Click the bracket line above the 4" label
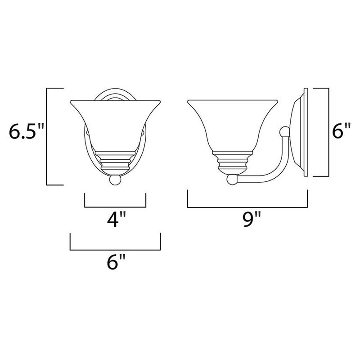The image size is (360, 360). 115,207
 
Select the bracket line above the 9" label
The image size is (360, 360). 247,207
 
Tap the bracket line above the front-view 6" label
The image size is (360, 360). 116,249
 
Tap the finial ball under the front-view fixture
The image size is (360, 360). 115,180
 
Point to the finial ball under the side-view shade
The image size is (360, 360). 232,180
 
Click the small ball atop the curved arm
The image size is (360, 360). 283,131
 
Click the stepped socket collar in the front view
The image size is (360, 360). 116,160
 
